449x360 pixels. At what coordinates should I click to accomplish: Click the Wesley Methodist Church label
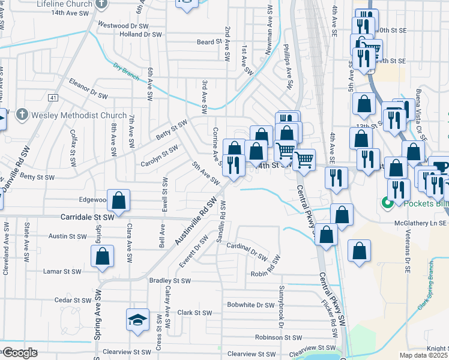click(79, 115)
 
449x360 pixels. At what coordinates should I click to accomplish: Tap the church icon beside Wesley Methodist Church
click(22, 114)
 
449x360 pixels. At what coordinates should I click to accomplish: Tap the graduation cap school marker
click(137, 319)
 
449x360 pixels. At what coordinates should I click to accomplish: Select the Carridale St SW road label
click(87, 217)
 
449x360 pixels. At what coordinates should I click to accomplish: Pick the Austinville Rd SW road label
click(195, 221)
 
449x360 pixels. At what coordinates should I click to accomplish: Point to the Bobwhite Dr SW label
click(250, 305)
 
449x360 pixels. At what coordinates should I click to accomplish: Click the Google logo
click(20, 353)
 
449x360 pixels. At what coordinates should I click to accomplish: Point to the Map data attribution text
click(423, 355)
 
